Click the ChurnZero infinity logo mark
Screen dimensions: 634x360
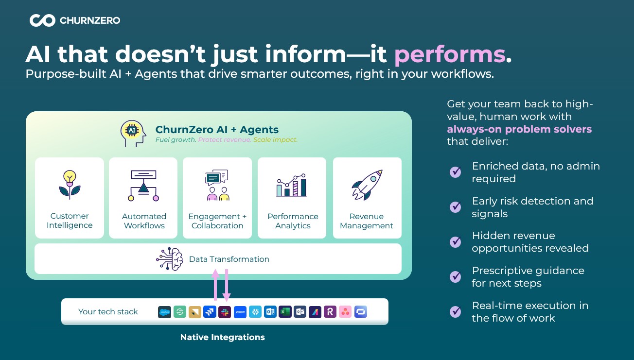(42, 20)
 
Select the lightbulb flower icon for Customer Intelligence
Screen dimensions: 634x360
(70, 185)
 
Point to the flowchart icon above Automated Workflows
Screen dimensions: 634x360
(143, 186)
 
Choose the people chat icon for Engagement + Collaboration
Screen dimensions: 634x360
(217, 185)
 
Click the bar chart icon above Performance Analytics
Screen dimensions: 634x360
(292, 185)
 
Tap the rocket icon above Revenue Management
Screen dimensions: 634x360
(367, 185)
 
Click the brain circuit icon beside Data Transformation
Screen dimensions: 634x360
(170, 259)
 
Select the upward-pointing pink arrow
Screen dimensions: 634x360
(215, 285)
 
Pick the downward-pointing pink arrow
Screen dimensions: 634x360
(227, 285)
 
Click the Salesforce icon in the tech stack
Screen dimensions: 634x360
(164, 312)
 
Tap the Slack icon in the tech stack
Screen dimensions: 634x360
(225, 312)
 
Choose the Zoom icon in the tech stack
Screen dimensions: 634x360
(240, 312)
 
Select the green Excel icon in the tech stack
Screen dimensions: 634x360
(285, 312)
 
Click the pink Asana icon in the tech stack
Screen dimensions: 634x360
(345, 312)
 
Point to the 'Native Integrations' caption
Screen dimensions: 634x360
(223, 337)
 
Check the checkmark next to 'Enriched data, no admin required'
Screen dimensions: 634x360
(456, 171)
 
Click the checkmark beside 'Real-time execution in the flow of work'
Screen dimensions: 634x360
(456, 311)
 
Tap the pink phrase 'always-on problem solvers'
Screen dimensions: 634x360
(519, 129)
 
